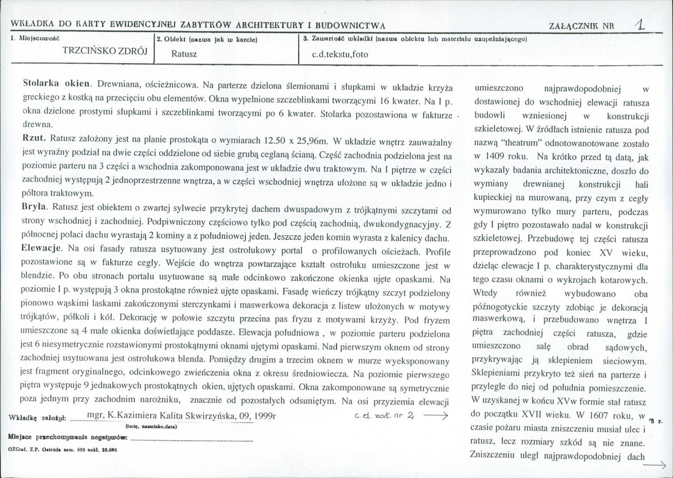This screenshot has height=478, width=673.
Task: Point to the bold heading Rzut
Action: pos(34,137)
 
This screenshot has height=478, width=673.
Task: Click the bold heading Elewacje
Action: pos(43,247)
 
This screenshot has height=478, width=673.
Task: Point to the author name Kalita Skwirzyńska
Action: pos(200,416)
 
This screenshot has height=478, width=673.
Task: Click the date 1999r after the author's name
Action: pos(266,416)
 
